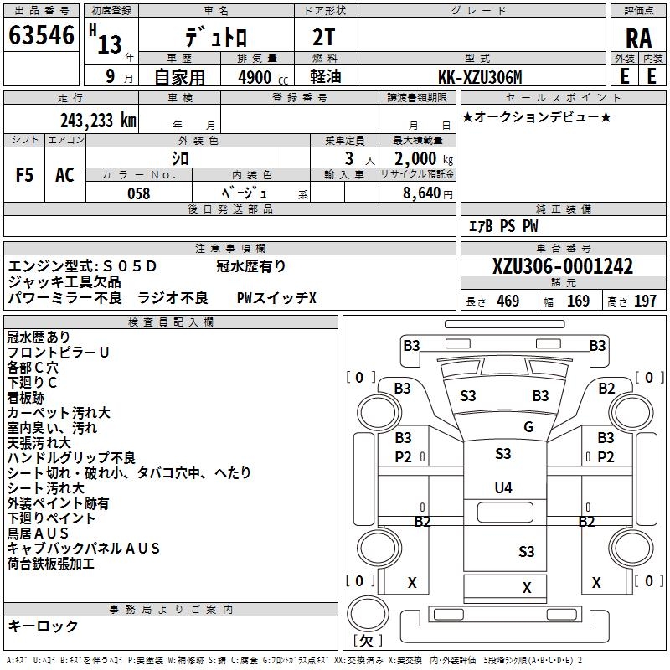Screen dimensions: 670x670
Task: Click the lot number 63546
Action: click(x=41, y=36)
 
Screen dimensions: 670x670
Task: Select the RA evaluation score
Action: click(x=638, y=38)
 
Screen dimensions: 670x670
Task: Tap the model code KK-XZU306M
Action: click(x=481, y=77)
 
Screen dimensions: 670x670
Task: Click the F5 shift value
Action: click(x=25, y=175)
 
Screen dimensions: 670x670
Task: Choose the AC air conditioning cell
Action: click(x=64, y=175)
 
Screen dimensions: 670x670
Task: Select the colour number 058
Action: click(x=138, y=193)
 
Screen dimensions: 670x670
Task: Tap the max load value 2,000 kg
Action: click(x=419, y=157)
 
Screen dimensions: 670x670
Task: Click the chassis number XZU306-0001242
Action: click(x=563, y=267)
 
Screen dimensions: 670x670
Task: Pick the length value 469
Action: click(x=508, y=301)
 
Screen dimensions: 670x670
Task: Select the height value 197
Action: click(x=645, y=301)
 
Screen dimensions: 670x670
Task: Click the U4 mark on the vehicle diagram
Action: click(x=503, y=487)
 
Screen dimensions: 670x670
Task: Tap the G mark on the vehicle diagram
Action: click(x=528, y=427)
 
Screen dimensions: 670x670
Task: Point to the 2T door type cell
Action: click(x=325, y=38)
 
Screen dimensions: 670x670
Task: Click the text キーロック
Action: click(x=43, y=626)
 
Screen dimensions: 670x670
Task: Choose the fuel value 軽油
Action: click(x=325, y=77)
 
